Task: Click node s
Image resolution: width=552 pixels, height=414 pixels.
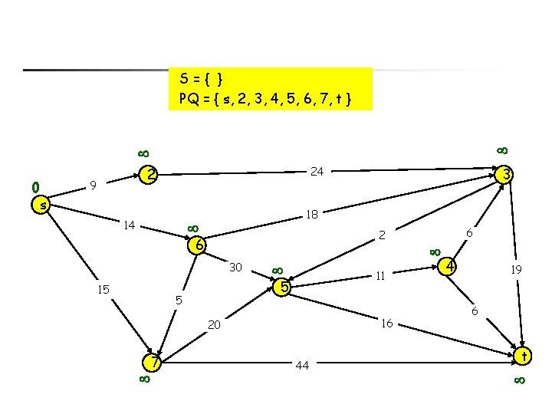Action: point(44,205)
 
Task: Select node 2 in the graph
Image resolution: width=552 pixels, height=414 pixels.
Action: point(151,175)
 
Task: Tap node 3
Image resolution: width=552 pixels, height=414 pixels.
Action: point(505,175)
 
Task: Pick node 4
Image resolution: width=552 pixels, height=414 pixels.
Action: point(451,267)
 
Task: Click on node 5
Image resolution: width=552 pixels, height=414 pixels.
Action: point(284,287)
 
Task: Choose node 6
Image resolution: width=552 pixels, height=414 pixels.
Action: point(198,245)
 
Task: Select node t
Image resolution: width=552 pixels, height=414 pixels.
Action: point(524,356)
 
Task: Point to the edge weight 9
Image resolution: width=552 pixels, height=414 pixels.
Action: point(93,185)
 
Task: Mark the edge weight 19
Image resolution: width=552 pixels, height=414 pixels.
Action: point(517,269)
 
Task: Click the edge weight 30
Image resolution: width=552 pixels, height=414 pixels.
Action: point(236,268)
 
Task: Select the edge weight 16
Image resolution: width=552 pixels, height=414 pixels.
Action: point(387,324)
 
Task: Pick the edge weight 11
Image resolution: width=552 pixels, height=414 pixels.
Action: point(379,276)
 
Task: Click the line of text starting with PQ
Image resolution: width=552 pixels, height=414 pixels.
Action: point(264,98)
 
